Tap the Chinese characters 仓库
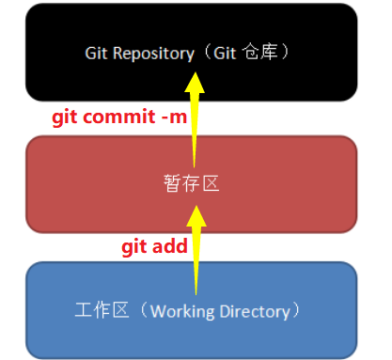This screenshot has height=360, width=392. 271,54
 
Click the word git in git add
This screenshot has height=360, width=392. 135,245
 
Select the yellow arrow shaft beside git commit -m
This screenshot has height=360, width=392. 195,122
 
